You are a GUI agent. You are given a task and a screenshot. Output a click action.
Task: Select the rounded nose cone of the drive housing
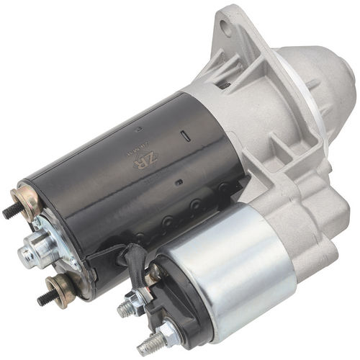(317, 79)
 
